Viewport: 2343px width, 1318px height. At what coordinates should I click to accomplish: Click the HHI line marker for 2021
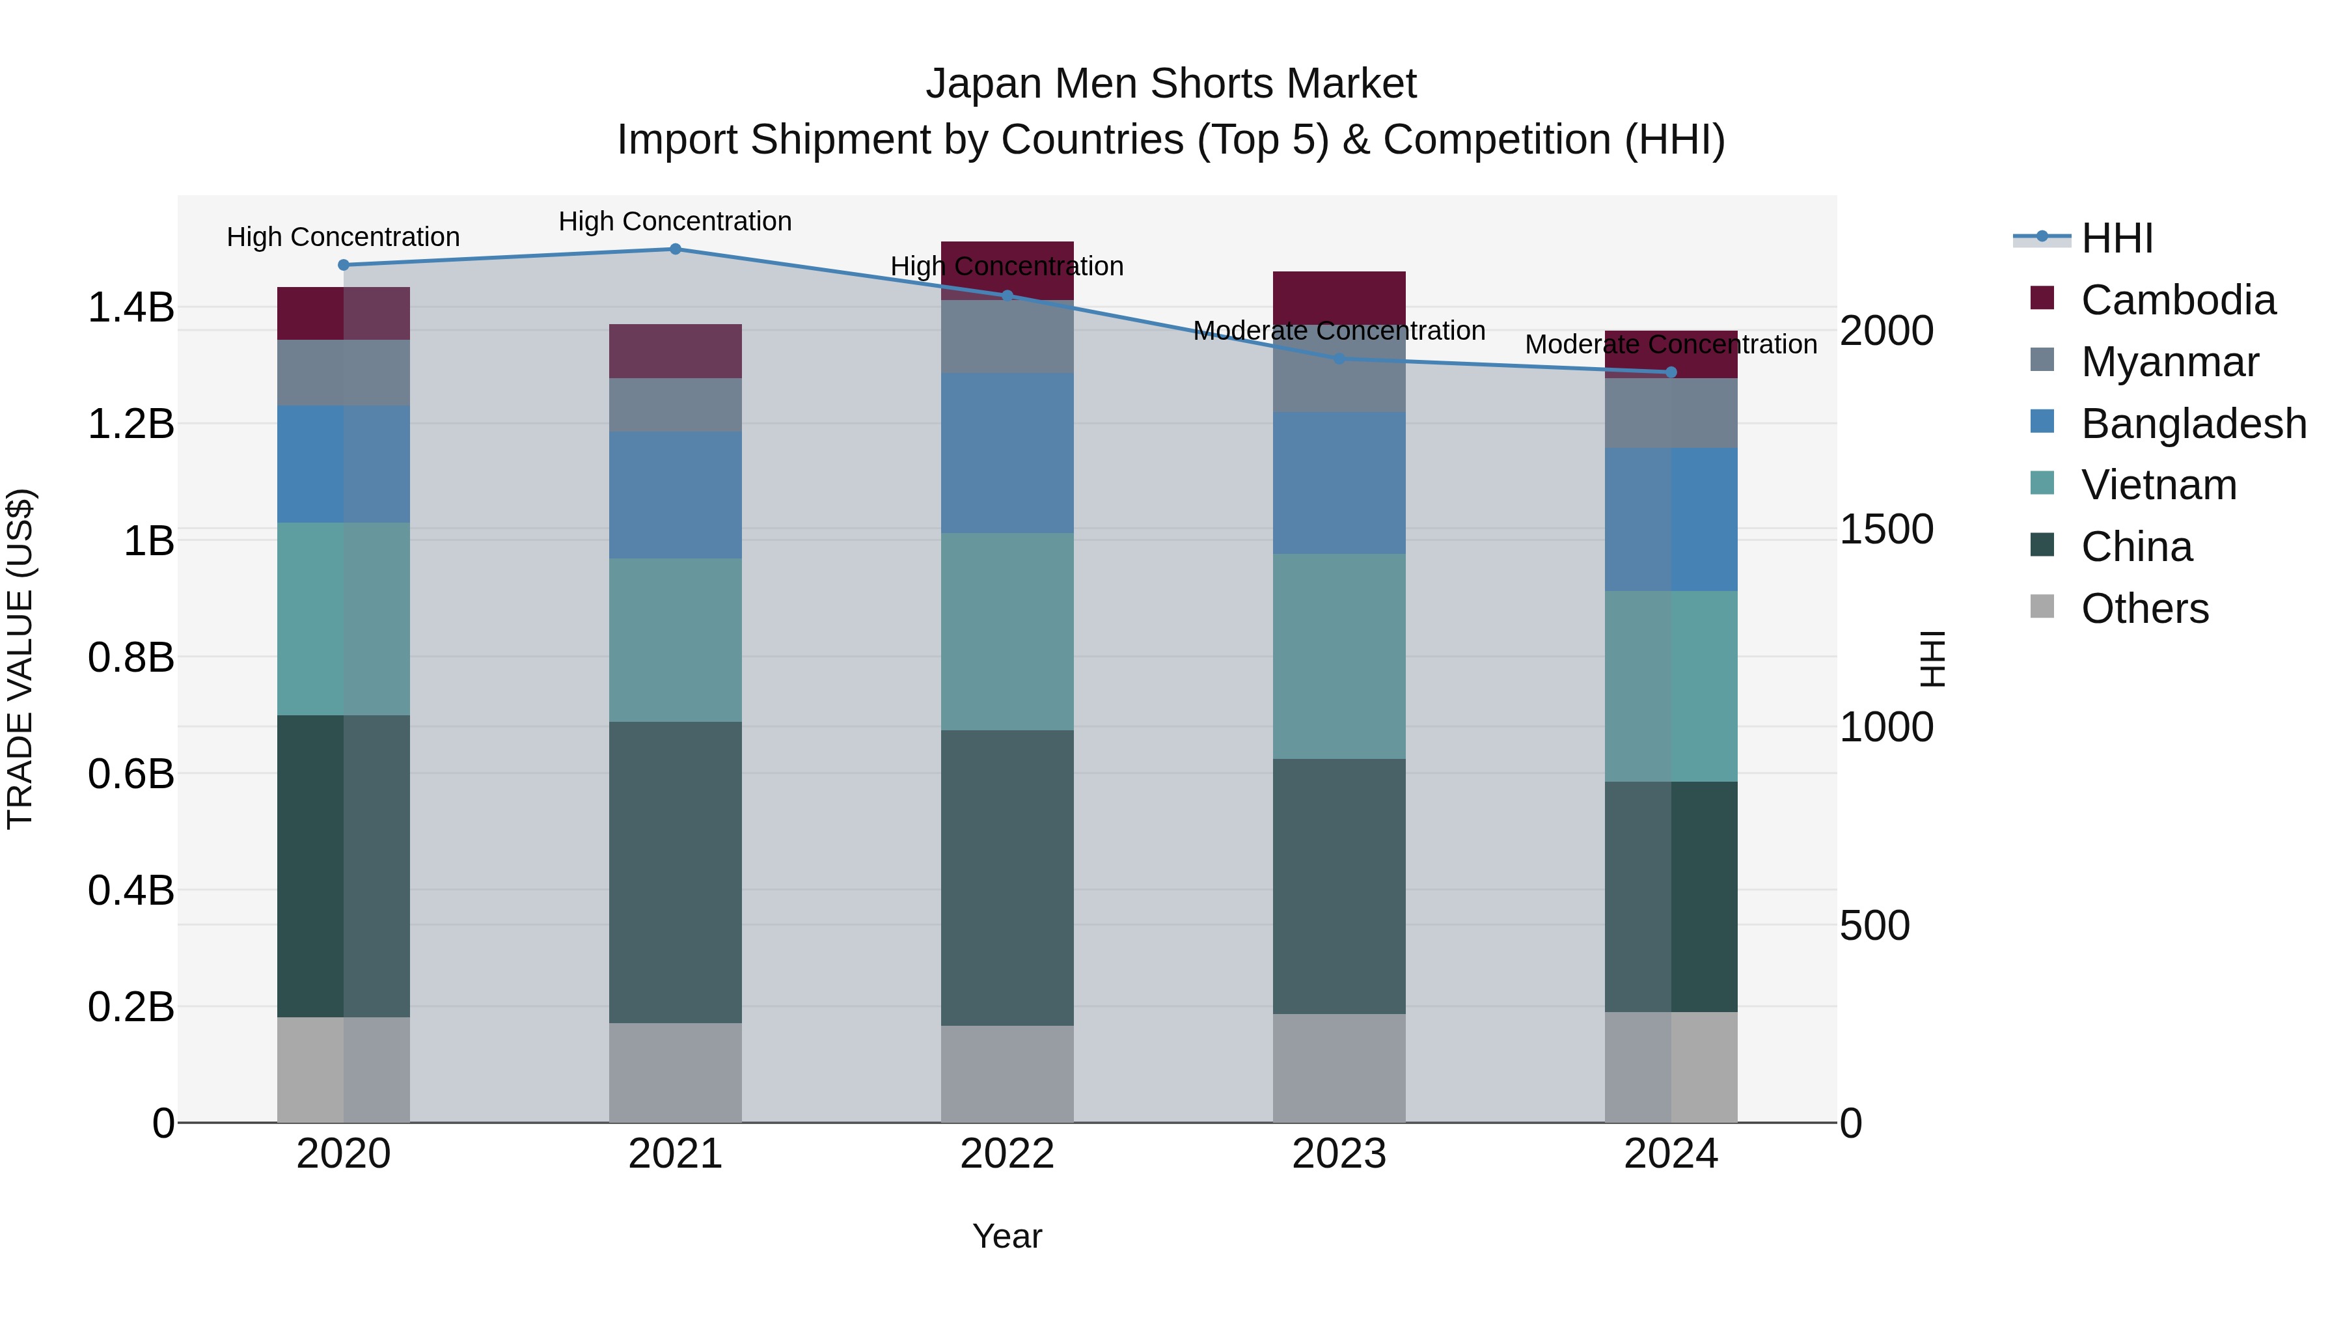pos(675,249)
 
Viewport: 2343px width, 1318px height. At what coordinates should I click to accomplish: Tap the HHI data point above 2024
pos(1671,372)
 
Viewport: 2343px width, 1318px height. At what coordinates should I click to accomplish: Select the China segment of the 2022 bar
pos(1007,878)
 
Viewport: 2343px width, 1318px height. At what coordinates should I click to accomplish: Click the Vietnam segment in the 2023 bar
pos(1339,656)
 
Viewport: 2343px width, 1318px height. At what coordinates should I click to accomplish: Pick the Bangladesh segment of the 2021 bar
pos(675,495)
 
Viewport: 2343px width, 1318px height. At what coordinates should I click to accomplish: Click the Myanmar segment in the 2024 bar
pos(1671,413)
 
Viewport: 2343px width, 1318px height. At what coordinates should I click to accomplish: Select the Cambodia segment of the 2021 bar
pos(675,351)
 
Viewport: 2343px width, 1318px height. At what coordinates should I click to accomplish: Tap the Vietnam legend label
pos(2158,485)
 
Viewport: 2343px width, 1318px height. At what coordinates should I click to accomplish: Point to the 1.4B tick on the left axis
pos(131,307)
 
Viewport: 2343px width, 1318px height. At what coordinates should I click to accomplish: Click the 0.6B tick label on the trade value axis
pos(131,774)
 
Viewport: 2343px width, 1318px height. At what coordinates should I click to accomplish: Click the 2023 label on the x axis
pos(1339,1154)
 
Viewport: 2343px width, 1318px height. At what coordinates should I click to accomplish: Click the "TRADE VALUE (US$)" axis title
pos(20,659)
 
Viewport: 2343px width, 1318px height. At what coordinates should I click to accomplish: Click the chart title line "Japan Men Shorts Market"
pos(1171,84)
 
